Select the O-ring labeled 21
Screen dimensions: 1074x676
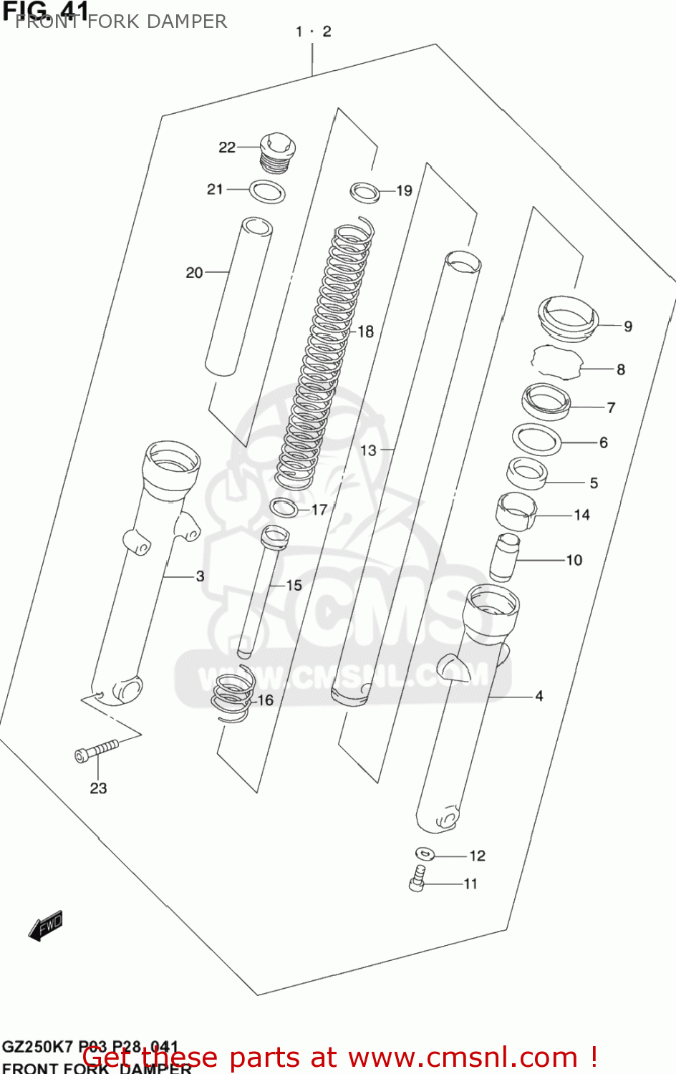tap(267, 192)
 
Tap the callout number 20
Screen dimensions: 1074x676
tap(194, 273)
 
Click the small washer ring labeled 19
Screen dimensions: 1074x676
tap(365, 192)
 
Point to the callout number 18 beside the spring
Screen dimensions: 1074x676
tap(365, 332)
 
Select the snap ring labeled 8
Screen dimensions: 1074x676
tap(557, 362)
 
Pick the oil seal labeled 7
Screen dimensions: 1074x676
tap(546, 402)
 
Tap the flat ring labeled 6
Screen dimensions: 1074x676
tap(536, 438)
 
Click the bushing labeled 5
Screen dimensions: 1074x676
tap(527, 473)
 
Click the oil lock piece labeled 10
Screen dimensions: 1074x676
tap(504, 557)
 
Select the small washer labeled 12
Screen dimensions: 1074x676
tap(425, 853)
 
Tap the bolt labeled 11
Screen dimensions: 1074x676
tap(417, 879)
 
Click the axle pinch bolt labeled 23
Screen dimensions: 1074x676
tap(96, 751)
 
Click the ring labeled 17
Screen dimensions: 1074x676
tap(284, 508)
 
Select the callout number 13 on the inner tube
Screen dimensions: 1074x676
tap(368, 450)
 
